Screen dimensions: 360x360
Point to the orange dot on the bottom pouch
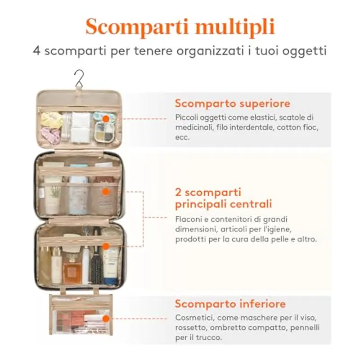tap(105, 319)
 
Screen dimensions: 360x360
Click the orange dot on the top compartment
tap(105, 119)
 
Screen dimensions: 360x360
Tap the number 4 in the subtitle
tap(36, 50)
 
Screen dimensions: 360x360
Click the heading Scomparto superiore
tap(232, 103)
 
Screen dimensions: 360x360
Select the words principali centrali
tap(223, 204)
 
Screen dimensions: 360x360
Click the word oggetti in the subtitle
tap(308, 50)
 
